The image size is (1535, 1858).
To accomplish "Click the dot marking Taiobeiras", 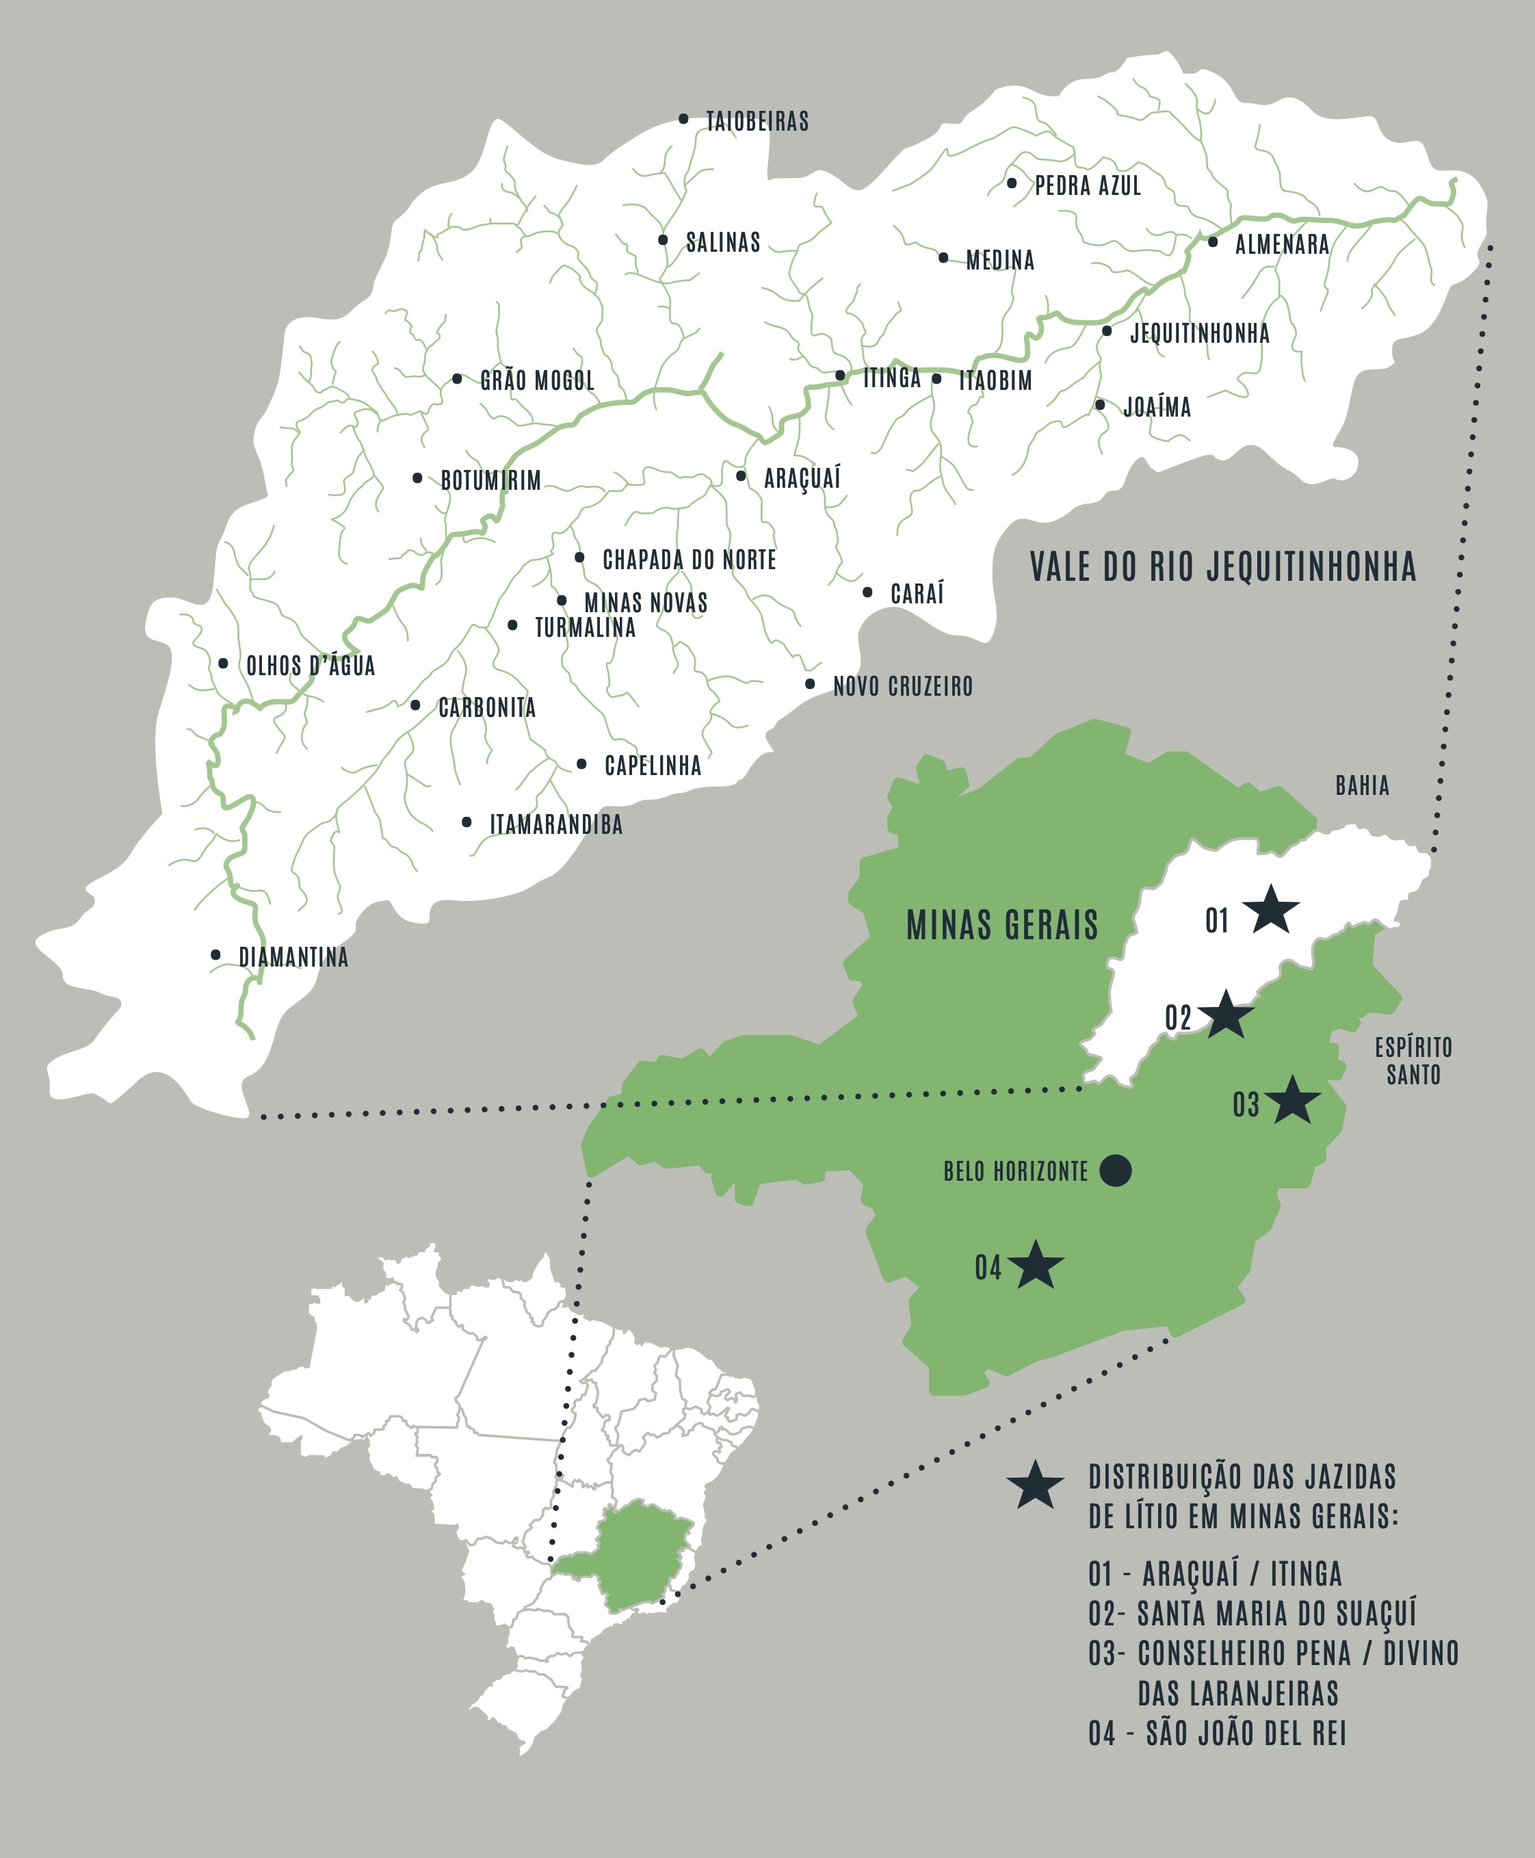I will click(683, 118).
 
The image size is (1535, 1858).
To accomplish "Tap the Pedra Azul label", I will click(1088, 185).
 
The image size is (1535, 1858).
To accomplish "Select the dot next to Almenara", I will click(1212, 241).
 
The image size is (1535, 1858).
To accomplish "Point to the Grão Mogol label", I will click(537, 380).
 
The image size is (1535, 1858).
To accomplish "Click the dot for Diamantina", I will click(215, 954).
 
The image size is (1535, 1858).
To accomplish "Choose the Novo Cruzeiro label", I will click(903, 685).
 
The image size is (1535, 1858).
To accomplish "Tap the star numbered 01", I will click(1271, 910).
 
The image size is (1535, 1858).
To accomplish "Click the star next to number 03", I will click(1292, 1101).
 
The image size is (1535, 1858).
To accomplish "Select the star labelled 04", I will click(1036, 1266).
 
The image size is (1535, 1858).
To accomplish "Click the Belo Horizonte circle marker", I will click(1115, 1170).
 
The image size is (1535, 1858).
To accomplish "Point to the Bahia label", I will click(1362, 785).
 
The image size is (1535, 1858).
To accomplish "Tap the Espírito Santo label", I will click(1413, 1061).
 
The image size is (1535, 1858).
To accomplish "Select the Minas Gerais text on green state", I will click(1002, 925).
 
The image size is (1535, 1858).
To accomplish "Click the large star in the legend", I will click(1034, 1487).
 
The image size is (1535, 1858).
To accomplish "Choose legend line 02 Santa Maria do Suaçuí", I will click(1251, 1613).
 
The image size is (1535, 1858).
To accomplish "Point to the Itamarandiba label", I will click(556, 824).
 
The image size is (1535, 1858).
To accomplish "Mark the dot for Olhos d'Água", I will click(223, 664).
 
